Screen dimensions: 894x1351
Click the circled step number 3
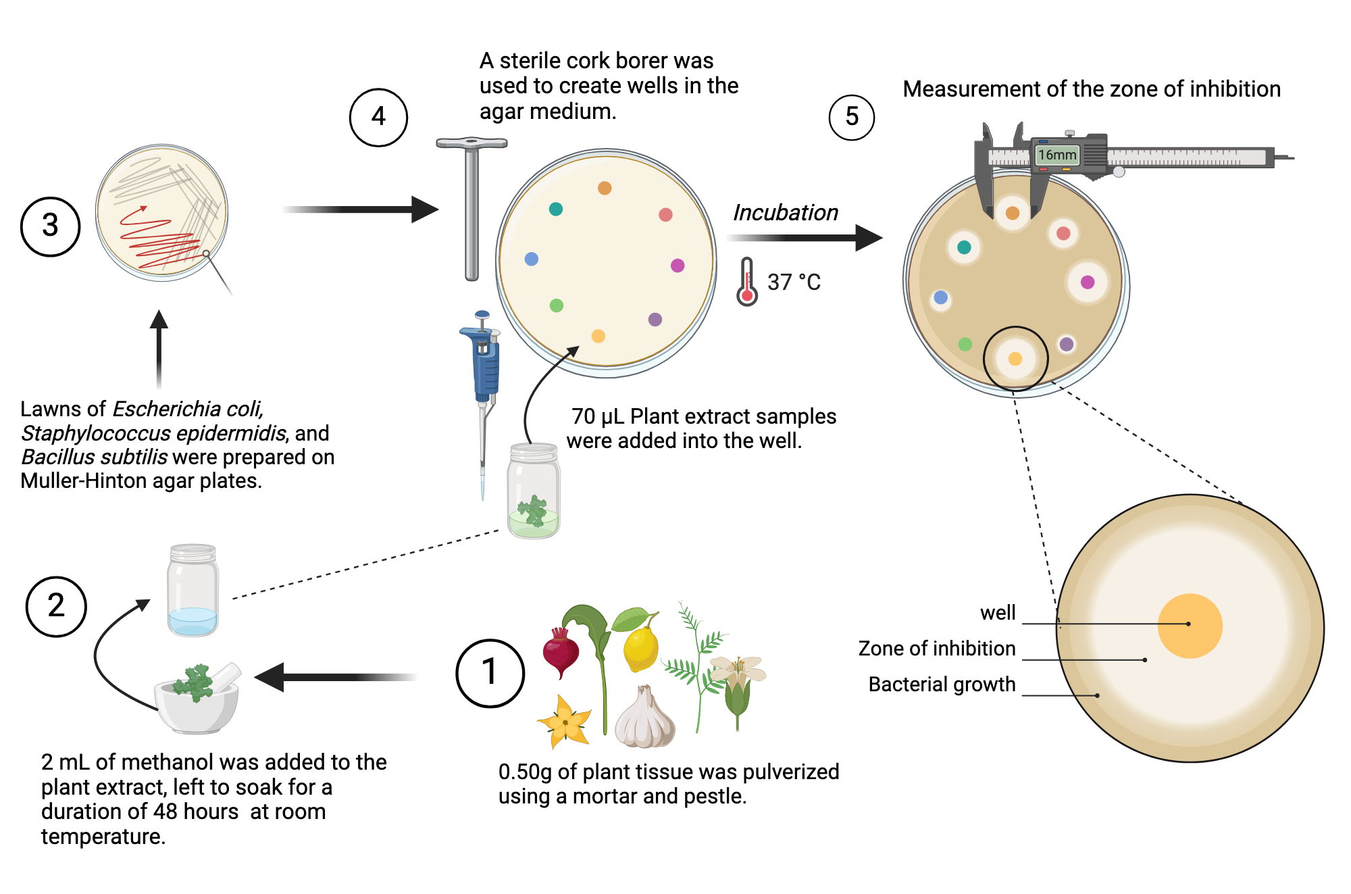pyautogui.click(x=50, y=226)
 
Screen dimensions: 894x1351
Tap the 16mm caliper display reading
pyautogui.click(x=1057, y=155)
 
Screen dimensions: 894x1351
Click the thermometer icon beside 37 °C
pyautogui.click(x=746, y=282)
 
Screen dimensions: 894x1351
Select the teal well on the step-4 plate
pyautogui.click(x=556, y=209)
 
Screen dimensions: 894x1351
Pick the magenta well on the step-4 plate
pyautogui.click(x=678, y=266)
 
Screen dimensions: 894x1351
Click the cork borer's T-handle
pyautogui.click(x=471, y=143)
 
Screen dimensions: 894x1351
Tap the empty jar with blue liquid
pyautogui.click(x=193, y=591)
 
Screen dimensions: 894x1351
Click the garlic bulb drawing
pyautogui.click(x=645, y=720)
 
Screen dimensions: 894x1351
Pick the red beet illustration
pyautogui.click(x=561, y=652)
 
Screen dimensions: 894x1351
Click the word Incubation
pyautogui.click(x=786, y=212)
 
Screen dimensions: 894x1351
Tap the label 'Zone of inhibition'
pyautogui.click(x=936, y=648)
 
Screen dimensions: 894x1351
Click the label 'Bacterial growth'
pyautogui.click(x=942, y=684)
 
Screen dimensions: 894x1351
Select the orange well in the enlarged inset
pyautogui.click(x=1190, y=626)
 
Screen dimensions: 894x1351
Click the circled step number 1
pyautogui.click(x=490, y=673)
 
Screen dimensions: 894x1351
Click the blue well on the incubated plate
pyautogui.click(x=940, y=297)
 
